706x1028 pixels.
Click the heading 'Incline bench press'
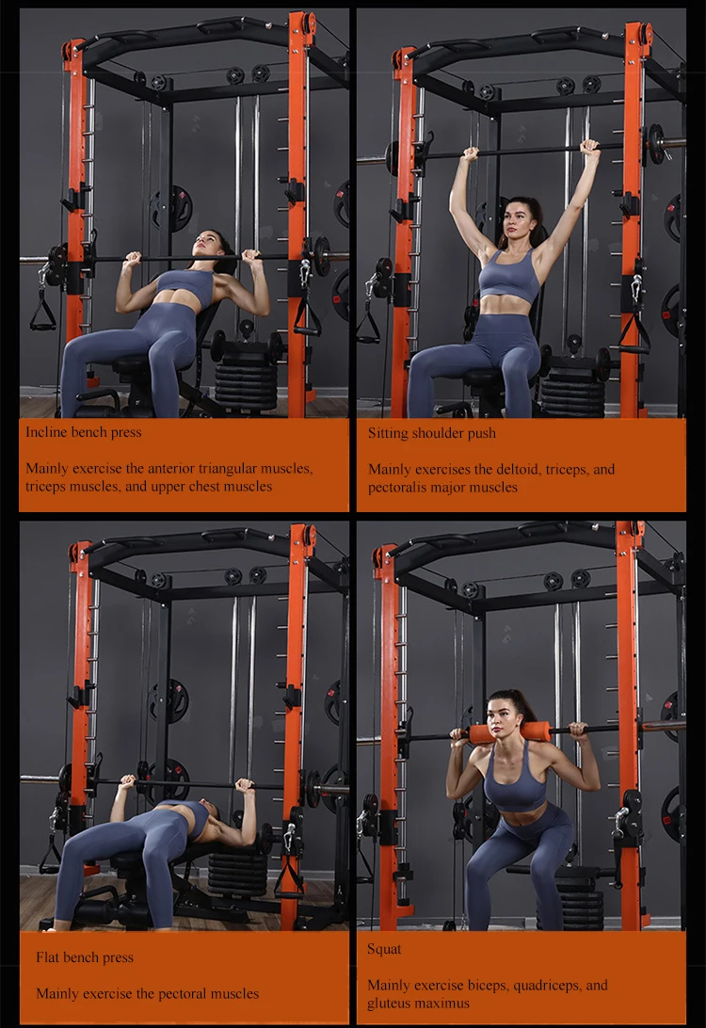point(84,433)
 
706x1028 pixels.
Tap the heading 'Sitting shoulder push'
point(432,433)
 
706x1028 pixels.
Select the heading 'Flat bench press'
point(85,957)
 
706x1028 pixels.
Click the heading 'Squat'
point(384,950)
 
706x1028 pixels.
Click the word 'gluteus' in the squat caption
point(389,1004)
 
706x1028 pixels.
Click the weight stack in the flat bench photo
point(238,871)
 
